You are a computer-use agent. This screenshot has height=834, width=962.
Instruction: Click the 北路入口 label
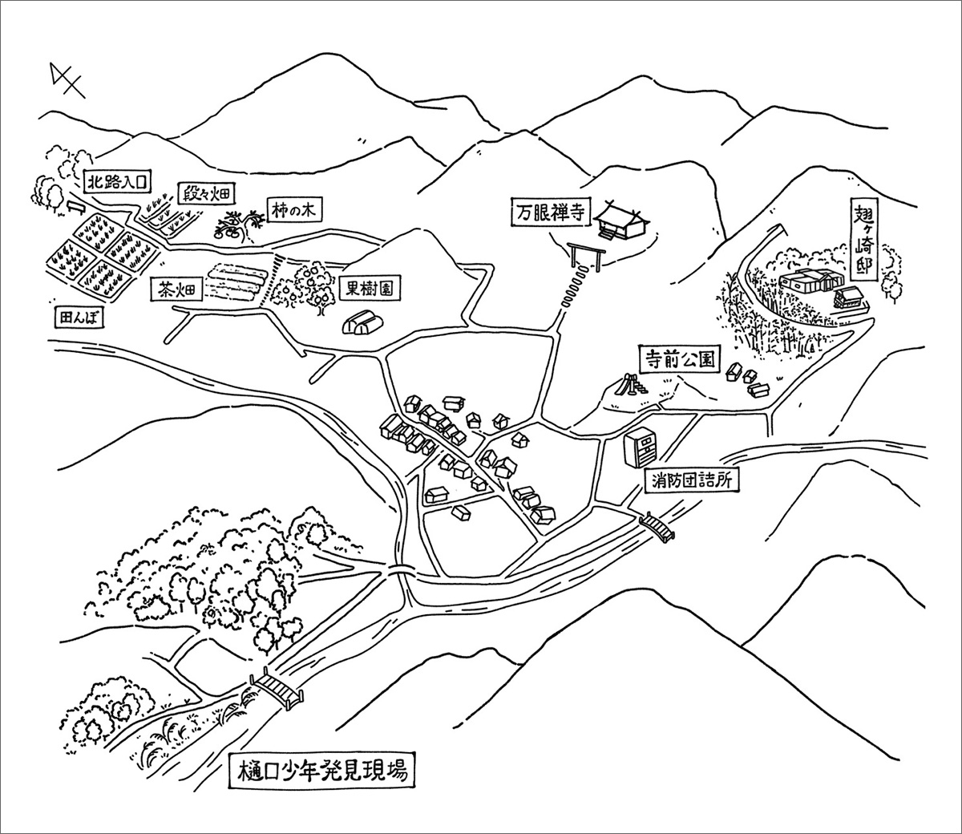point(116,182)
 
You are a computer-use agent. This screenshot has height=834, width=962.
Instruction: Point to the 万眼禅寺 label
point(552,214)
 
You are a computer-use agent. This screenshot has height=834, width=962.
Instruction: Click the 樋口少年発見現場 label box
point(321,775)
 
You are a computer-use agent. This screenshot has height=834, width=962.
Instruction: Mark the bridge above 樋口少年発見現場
point(278,689)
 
